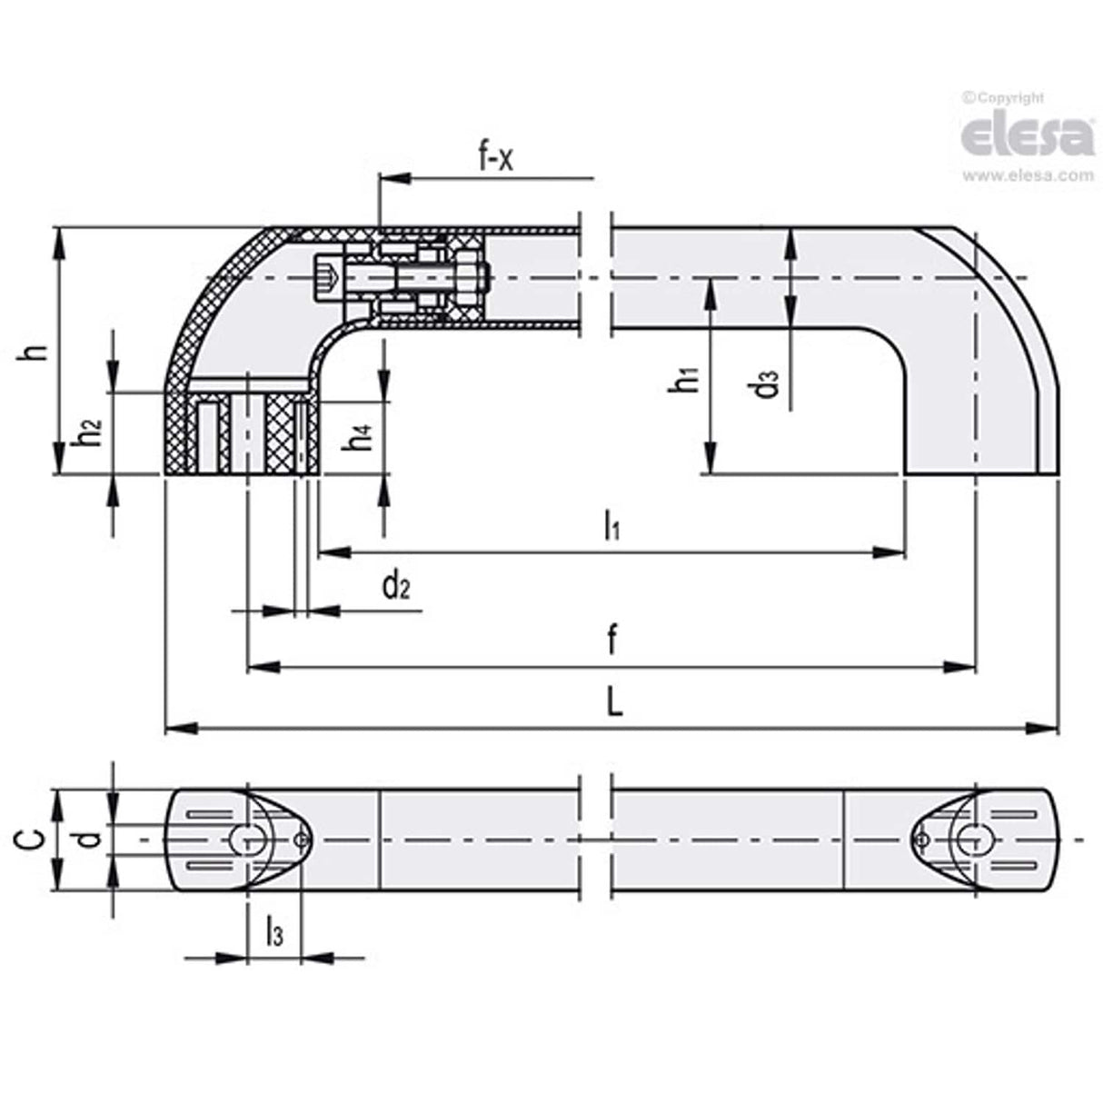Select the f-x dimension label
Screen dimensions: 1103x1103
(x=496, y=158)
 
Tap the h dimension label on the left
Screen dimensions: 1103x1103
(x=35, y=351)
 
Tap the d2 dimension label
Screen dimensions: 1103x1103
(x=396, y=586)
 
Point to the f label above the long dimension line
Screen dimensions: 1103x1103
(x=611, y=641)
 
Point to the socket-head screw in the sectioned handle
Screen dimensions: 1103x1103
(x=329, y=273)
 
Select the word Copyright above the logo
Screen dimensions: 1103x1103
(x=1009, y=97)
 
